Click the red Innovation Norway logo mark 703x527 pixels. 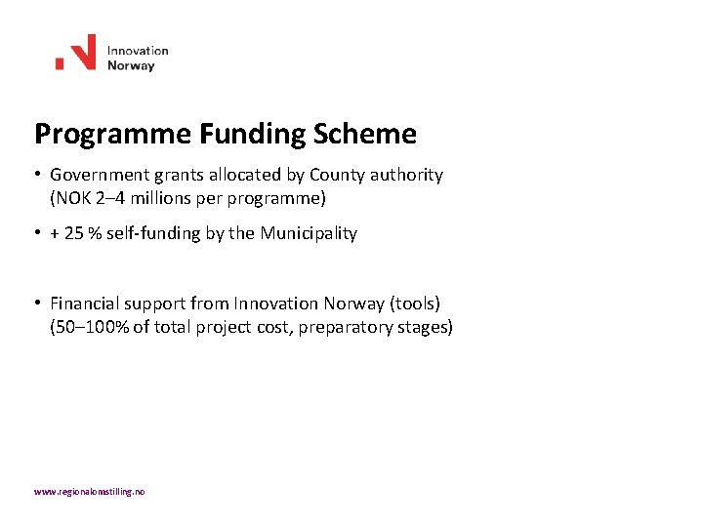(76, 53)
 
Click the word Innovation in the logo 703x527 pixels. (138, 51)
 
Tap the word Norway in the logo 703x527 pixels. (131, 66)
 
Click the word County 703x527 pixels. (338, 176)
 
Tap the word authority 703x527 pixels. (406, 176)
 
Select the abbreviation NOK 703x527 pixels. (72, 198)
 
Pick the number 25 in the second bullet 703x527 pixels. (74, 234)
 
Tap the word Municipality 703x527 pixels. (309, 234)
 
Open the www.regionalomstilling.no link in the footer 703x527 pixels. (90, 493)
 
